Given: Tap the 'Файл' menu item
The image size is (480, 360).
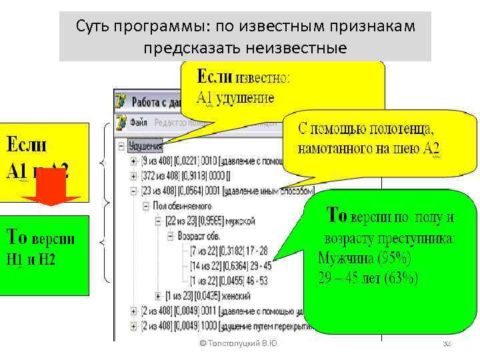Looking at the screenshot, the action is [139, 122].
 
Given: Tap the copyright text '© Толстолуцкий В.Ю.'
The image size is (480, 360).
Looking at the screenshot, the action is [239, 343].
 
